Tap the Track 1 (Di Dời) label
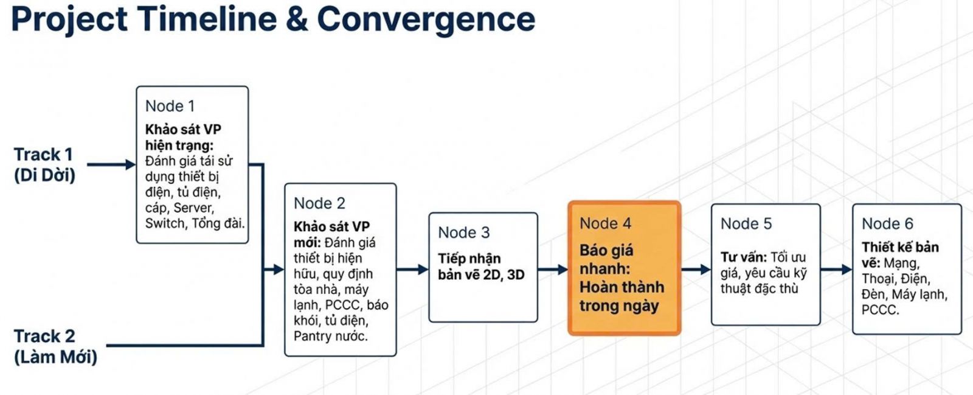[x=44, y=165]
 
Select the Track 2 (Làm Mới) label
[x=55, y=346]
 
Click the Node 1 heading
[x=170, y=106]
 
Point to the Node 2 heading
[x=319, y=203]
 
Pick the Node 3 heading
[x=463, y=232]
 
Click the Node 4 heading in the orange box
[x=605, y=223]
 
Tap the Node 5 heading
[x=746, y=224]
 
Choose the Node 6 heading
[x=887, y=224]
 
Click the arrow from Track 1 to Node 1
[x=111, y=164]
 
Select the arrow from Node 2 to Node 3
[x=412, y=269]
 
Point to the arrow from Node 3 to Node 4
[x=553, y=269]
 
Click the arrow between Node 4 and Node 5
[x=696, y=269]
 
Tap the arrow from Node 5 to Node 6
[x=836, y=269]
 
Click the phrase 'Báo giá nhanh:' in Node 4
[x=606, y=259]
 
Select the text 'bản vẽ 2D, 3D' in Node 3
[x=480, y=274]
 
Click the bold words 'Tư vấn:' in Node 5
[x=743, y=257]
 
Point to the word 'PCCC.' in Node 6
[x=879, y=310]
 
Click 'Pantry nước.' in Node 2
[x=330, y=336]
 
